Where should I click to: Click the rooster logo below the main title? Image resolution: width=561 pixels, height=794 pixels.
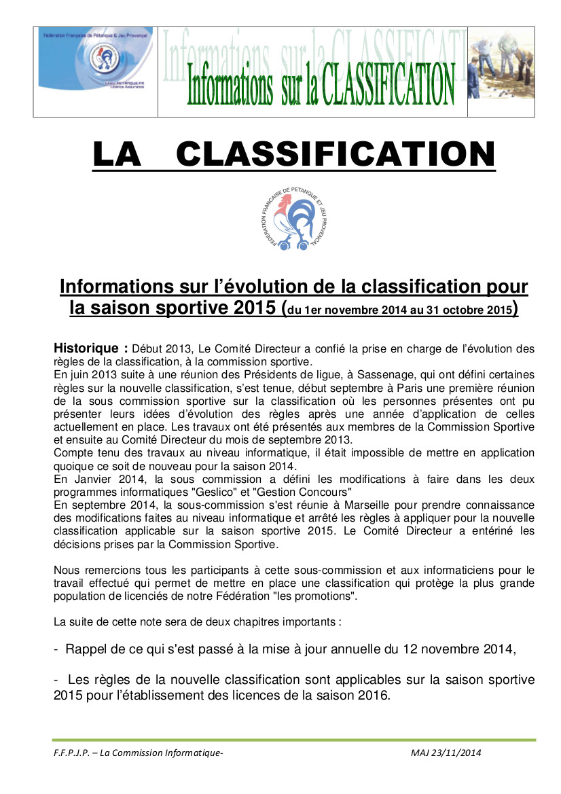[285, 217]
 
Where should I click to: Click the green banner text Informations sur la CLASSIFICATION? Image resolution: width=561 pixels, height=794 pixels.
[321, 84]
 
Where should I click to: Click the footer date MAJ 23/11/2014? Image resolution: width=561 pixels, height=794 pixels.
[446, 753]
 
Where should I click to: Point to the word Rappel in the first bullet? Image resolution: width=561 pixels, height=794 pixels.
[86, 649]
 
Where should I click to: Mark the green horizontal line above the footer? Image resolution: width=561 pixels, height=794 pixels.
[293, 740]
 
